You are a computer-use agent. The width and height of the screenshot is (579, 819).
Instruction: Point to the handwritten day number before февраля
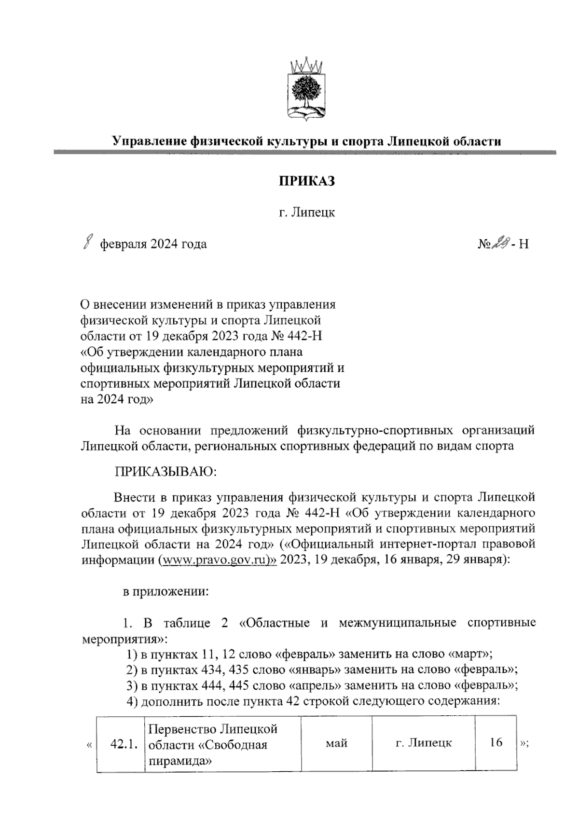pyautogui.click(x=87, y=243)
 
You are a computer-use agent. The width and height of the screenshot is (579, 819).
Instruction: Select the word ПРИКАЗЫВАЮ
pyautogui.click(x=165, y=471)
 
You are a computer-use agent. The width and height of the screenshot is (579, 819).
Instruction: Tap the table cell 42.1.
pyautogui.click(x=121, y=743)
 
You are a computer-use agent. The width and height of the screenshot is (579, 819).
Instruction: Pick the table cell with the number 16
pyautogui.click(x=496, y=742)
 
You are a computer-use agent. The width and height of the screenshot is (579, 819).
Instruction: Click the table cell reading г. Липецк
pyautogui.click(x=423, y=743)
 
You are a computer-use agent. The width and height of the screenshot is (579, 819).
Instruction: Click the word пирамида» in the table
pyautogui.click(x=180, y=761)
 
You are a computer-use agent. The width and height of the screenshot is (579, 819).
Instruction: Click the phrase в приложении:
pyautogui.click(x=165, y=592)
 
